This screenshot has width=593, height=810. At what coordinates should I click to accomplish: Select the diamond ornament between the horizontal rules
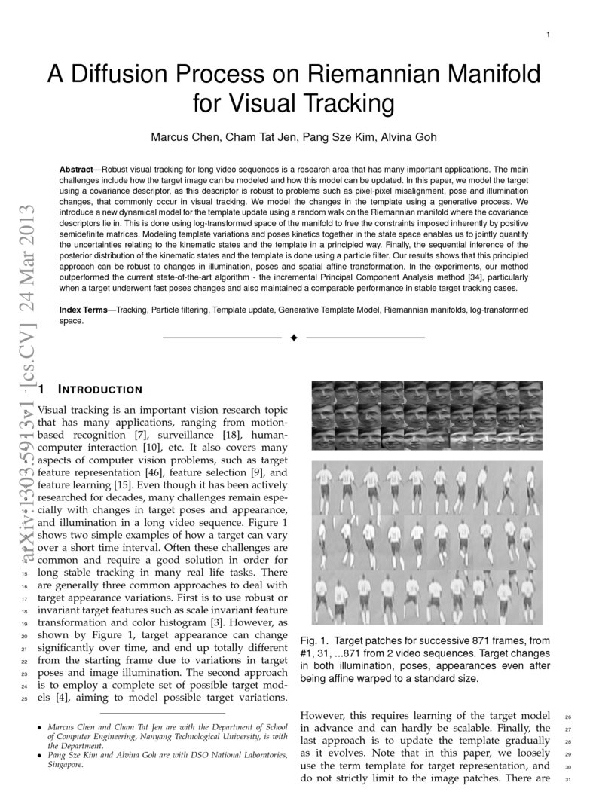point(294,337)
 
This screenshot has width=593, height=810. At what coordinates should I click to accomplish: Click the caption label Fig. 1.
point(313,640)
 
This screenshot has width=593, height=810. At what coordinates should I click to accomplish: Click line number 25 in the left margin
point(25,698)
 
